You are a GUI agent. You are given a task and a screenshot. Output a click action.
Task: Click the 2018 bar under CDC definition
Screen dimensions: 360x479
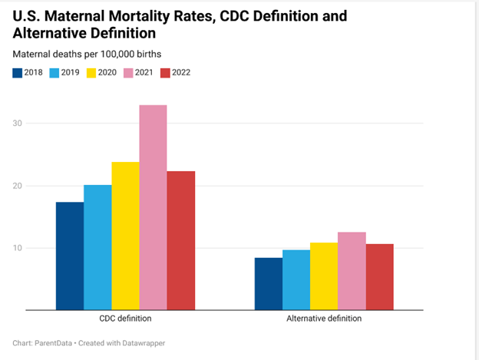pos(70,256)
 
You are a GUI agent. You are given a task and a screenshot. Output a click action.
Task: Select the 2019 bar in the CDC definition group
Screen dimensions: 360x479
pos(97,247)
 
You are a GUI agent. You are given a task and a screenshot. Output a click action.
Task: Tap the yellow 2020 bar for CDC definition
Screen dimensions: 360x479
pos(125,236)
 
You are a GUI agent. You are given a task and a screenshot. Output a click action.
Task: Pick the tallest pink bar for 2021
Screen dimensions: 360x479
pos(153,207)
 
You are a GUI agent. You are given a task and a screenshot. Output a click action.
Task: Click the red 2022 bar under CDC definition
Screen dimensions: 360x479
pos(181,240)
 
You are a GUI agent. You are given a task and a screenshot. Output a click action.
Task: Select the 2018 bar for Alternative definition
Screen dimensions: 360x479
pos(269,283)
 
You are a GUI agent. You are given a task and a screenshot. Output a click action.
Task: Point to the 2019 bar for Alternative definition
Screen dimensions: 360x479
pos(296,279)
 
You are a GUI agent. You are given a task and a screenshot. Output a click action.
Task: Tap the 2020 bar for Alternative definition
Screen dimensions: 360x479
pos(324,276)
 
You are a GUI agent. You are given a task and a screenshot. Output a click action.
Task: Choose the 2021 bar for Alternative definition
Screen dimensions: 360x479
pos(352,271)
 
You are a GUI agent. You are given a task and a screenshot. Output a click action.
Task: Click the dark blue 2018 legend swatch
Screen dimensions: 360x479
pos(17,73)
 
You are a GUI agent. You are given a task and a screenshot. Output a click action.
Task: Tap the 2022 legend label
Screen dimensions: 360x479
pos(182,73)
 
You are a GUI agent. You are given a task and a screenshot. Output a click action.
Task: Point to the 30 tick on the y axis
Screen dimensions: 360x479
pos(18,123)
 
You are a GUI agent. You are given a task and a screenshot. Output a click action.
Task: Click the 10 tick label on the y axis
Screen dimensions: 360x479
pos(18,248)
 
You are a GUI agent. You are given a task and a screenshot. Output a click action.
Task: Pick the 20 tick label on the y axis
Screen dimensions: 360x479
pos(18,186)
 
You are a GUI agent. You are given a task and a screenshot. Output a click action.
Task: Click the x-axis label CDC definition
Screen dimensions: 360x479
pos(125,319)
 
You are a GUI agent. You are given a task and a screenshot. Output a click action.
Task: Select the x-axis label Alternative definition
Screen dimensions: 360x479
pos(324,319)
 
